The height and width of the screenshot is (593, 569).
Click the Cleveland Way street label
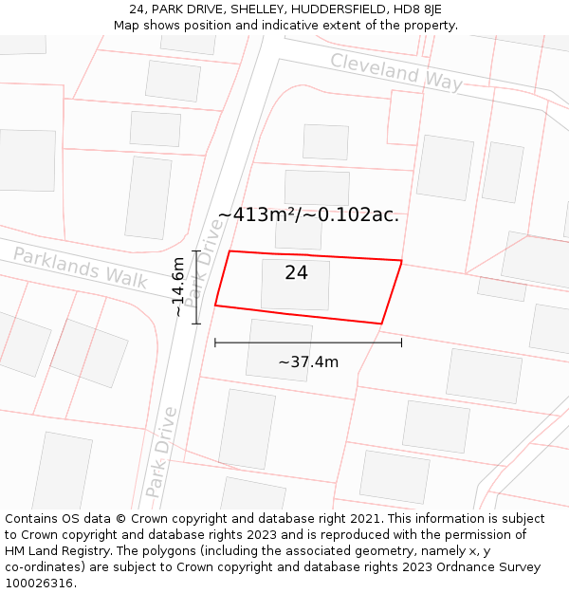click(x=396, y=72)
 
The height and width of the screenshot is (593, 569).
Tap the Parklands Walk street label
click(x=81, y=268)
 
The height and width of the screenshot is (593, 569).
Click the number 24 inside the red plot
click(x=296, y=273)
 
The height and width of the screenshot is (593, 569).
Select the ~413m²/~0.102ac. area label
click(x=308, y=215)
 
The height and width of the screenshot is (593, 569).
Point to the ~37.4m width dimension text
click(x=308, y=361)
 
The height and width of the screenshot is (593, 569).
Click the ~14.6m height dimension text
click(x=178, y=287)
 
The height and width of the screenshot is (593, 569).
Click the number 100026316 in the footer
click(x=39, y=584)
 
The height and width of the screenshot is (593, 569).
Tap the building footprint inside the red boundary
click(x=295, y=286)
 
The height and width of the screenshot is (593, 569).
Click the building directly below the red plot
click(x=279, y=350)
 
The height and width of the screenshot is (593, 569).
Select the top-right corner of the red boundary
click(x=401, y=261)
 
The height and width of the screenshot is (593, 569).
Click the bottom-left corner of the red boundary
click(x=215, y=306)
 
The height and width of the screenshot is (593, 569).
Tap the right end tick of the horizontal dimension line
click(x=401, y=343)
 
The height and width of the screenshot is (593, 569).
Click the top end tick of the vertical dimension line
click(x=196, y=250)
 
